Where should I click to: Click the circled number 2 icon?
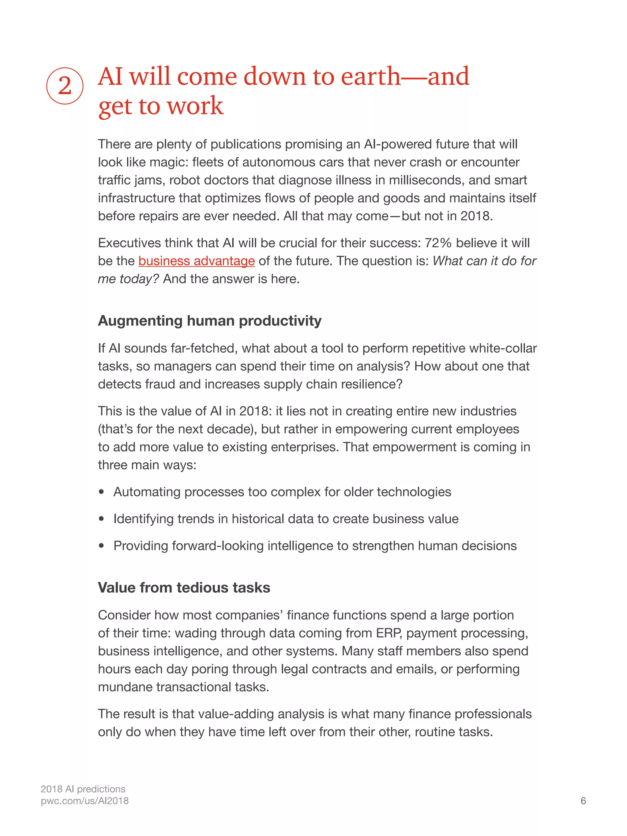[x=65, y=86]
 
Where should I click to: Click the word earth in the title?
[x=370, y=77]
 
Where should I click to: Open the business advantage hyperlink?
[x=197, y=261]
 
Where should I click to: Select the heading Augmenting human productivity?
[x=209, y=321]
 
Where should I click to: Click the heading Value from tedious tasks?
[x=184, y=588]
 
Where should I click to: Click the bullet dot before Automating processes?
[x=101, y=492]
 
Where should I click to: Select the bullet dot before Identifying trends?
[x=101, y=519]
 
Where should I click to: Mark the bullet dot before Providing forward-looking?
[x=101, y=546]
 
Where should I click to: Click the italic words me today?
[x=128, y=279]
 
